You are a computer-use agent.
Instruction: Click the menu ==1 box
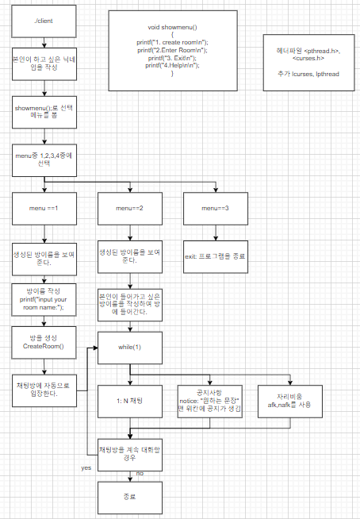point(44,208)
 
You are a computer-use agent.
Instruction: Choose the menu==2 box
point(128,208)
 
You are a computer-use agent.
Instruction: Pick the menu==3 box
point(214,208)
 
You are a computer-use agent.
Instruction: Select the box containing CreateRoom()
point(44,341)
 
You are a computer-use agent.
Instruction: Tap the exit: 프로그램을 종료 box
point(214,257)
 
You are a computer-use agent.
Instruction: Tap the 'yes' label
point(86,467)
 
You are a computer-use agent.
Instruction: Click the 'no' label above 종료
point(140,473)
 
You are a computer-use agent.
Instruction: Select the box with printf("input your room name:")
point(44,299)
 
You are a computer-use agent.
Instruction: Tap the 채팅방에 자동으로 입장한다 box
point(44,389)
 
